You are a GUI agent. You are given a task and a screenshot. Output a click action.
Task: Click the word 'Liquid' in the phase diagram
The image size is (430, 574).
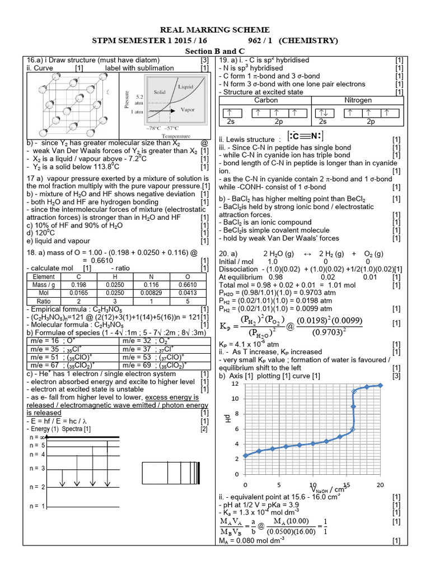tap(186, 87)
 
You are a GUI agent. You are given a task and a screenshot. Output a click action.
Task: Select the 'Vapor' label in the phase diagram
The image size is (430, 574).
tap(189, 110)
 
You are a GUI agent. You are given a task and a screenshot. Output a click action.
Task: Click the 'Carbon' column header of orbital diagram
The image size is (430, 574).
tap(266, 100)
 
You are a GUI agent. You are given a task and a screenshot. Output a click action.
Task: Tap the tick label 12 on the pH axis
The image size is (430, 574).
tap(235, 383)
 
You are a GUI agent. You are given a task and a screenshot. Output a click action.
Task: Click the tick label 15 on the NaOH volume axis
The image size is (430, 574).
tap(347, 484)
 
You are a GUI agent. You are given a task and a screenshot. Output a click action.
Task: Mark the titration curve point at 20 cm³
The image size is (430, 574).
tap(380, 385)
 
